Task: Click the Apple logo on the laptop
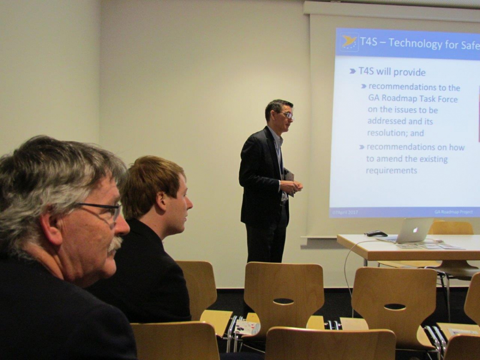(x=415, y=230)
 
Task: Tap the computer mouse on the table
(x=376, y=234)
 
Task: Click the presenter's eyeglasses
(x=287, y=115)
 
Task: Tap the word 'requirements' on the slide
(x=391, y=170)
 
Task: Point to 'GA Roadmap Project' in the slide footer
(x=453, y=211)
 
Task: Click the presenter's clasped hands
(x=291, y=186)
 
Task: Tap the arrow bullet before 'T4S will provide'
(x=352, y=71)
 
